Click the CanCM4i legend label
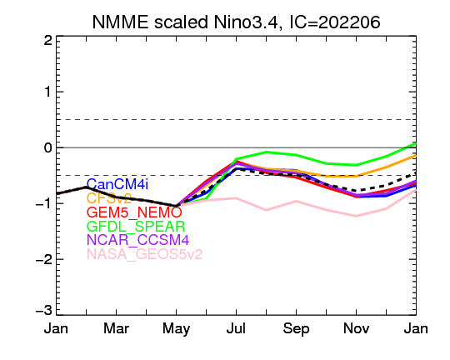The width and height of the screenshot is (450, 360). coord(117,184)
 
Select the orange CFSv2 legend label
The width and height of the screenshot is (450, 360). coord(109,198)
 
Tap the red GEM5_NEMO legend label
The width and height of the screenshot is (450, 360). coord(134,212)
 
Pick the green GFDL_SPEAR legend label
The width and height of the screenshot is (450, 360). coord(136,227)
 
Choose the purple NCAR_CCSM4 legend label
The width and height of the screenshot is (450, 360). coord(137,240)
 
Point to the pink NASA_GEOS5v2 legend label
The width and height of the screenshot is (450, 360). coord(145,254)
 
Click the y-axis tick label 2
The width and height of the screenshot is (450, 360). coord(48,41)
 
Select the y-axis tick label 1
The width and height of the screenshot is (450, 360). coord(48,92)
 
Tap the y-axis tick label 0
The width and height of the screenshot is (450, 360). coord(48,147)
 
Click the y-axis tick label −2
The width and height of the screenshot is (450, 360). coord(44,259)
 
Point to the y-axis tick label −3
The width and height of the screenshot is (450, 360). coord(44,311)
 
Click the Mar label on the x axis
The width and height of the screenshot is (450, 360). coord(116,328)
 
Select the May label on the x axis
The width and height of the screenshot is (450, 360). coord(176,329)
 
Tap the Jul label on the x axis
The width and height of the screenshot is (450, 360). coord(236,328)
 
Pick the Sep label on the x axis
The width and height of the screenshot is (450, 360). coord(296,329)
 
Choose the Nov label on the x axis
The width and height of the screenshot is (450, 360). coord(356,328)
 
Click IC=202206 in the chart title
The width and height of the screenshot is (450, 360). coord(335,22)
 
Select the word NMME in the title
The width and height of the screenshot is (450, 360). coord(120,22)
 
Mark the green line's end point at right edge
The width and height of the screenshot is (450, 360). coord(416,143)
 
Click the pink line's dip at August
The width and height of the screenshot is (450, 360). coord(267,210)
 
